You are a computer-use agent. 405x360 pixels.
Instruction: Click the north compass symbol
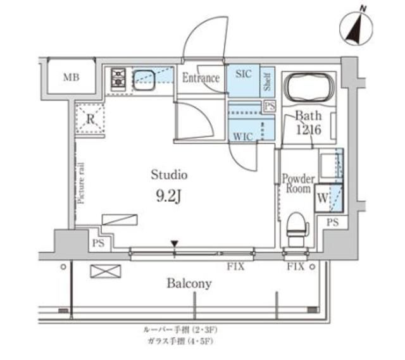(x=354, y=28)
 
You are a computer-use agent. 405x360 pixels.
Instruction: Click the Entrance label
(x=201, y=78)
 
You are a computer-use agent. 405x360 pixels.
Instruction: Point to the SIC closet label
(x=243, y=75)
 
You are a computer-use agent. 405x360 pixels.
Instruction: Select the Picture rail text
(x=81, y=183)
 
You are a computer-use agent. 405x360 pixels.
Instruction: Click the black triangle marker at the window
(x=175, y=244)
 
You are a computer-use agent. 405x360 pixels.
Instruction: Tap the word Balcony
(x=189, y=283)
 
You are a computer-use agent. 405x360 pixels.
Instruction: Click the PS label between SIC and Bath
(x=270, y=106)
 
